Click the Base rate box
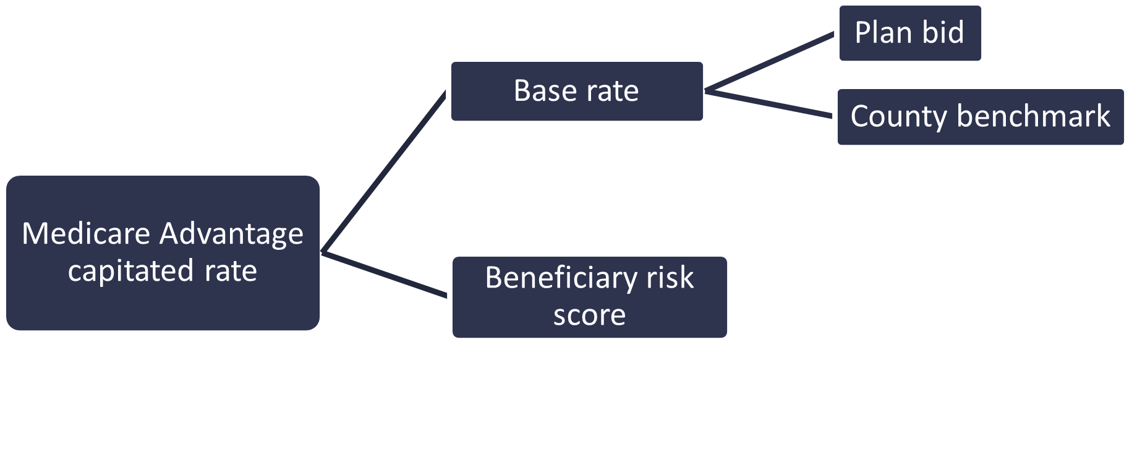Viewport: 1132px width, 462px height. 577,92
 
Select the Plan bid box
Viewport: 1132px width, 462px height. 909,33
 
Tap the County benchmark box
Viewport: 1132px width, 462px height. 980,117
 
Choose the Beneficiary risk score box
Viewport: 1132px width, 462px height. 589,297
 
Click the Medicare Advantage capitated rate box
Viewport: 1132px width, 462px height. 163,253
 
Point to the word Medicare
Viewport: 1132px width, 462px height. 86,234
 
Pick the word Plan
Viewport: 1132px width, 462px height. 883,32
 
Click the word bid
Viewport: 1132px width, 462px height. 944,32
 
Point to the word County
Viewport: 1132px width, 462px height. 898,117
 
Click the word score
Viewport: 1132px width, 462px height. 589,315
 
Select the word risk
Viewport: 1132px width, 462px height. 670,277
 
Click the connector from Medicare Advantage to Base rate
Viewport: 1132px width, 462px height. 383,172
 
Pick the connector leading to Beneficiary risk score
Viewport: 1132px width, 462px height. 385,275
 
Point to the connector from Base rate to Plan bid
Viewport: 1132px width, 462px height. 770,62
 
